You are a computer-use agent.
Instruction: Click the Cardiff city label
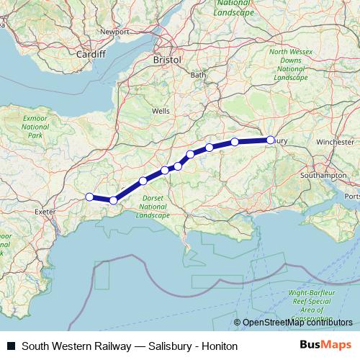(x=91, y=54)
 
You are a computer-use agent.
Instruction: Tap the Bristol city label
(x=167, y=62)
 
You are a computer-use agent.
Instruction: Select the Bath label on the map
(x=197, y=75)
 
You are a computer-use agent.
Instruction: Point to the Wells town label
(x=162, y=112)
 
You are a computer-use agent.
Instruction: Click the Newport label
(x=114, y=32)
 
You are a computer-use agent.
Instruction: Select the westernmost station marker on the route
(x=89, y=197)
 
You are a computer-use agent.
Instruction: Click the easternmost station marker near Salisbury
(x=271, y=140)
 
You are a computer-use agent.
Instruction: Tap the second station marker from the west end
(x=113, y=200)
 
